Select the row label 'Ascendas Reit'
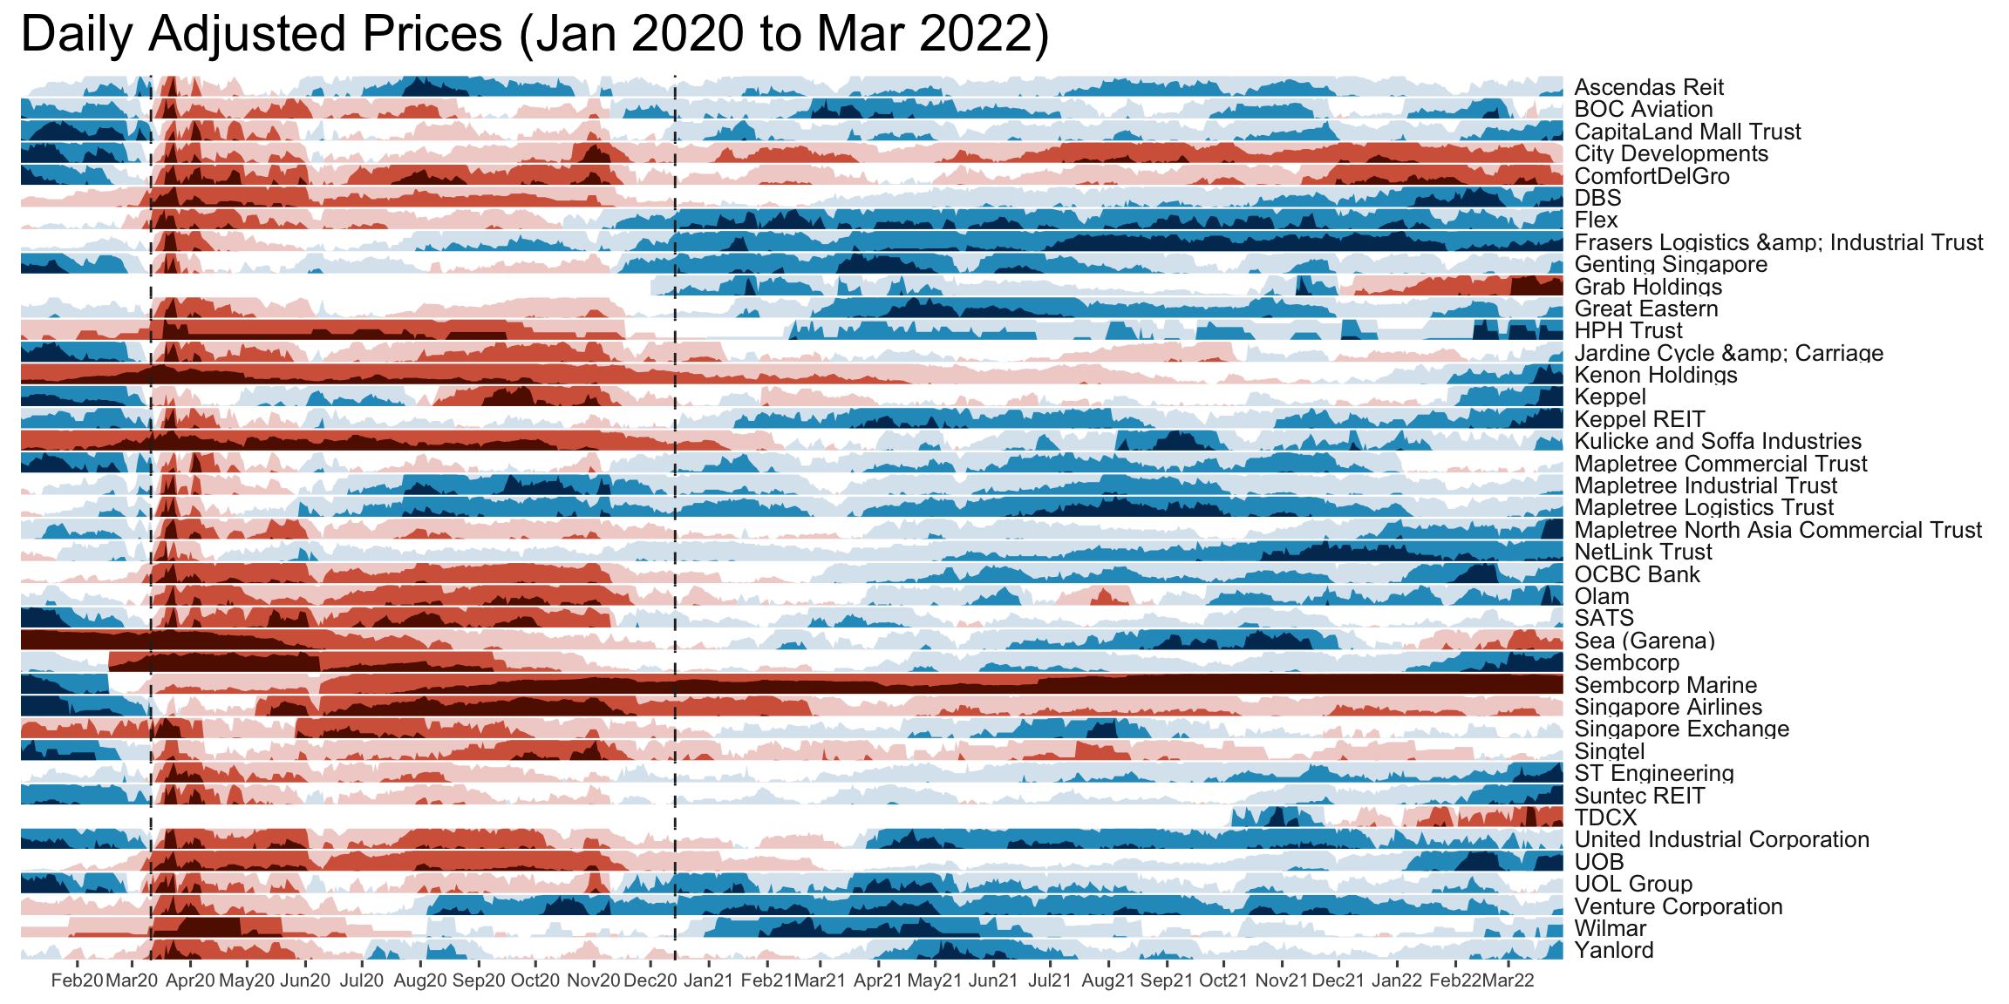click(x=1649, y=87)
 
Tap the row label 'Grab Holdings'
click(x=1648, y=287)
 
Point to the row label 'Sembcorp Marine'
click(x=1665, y=685)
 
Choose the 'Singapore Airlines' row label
click(x=1668, y=707)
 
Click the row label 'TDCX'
click(x=1605, y=817)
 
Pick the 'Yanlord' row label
click(x=1613, y=950)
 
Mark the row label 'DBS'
click(x=1597, y=198)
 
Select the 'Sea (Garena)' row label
click(x=1645, y=641)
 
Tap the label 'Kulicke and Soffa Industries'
click(x=1718, y=441)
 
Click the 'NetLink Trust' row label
click(x=1643, y=552)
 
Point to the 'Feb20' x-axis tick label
click(x=77, y=980)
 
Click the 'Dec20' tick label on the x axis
click(x=650, y=980)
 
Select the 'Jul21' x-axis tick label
click(x=1050, y=980)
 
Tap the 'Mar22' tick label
click(x=1508, y=980)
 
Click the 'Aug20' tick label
click(x=420, y=980)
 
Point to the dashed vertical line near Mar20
click(x=151, y=523)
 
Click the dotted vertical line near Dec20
click(x=675, y=523)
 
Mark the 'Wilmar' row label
click(x=1610, y=928)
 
